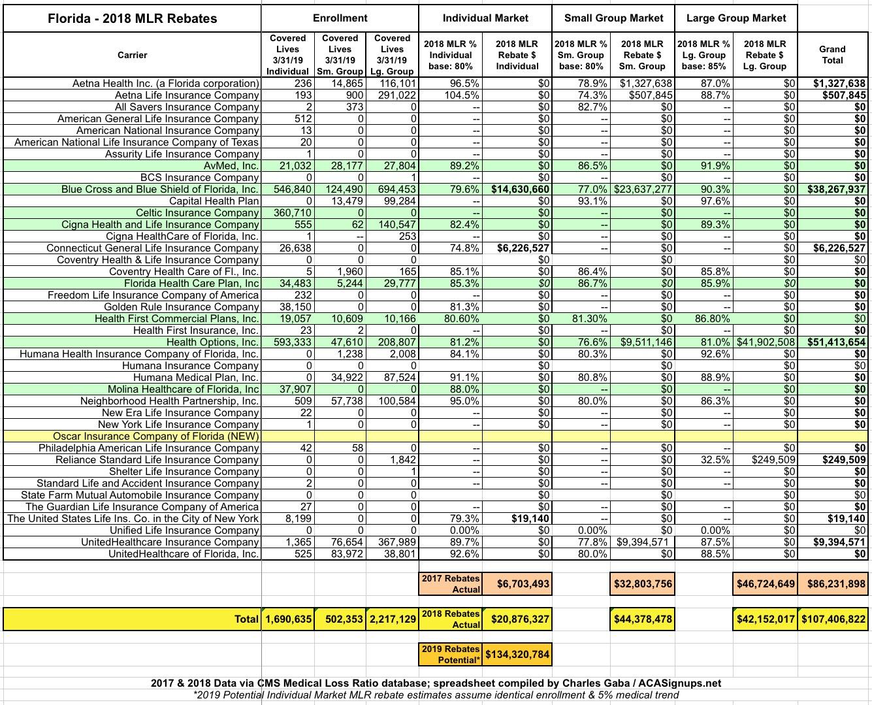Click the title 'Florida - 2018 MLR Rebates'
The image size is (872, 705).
click(x=133, y=18)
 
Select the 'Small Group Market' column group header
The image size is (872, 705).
click(x=613, y=18)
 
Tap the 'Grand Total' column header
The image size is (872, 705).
click(x=832, y=55)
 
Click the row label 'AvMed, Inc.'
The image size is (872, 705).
click(x=231, y=166)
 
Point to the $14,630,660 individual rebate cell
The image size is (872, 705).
click(x=521, y=189)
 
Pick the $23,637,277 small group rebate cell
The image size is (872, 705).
click(x=643, y=189)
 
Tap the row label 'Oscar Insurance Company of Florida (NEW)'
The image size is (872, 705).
click(x=156, y=436)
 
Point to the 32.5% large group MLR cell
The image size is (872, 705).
click(x=715, y=460)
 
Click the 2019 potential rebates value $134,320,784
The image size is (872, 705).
click(x=517, y=654)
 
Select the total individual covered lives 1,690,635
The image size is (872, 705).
click(x=288, y=619)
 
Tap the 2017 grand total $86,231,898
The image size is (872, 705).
click(x=833, y=583)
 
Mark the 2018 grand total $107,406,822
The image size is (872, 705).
click(x=833, y=619)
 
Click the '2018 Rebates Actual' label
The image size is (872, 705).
click(x=451, y=619)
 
